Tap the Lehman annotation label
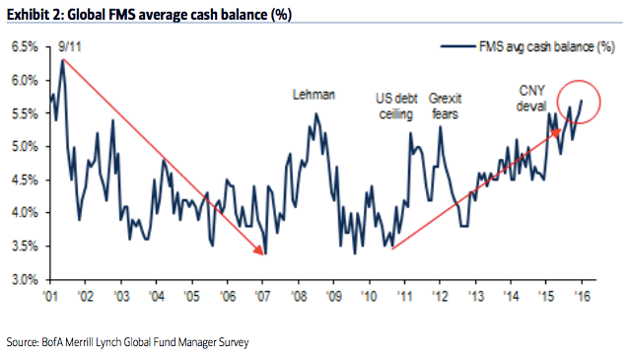(x=315, y=95)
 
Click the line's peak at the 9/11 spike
(x=62, y=60)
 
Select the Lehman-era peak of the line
(x=315, y=113)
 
